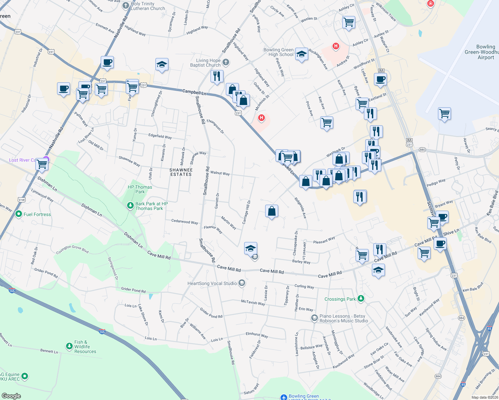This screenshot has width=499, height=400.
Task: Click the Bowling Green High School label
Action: (279, 52)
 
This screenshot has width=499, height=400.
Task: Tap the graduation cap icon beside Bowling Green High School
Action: (301, 54)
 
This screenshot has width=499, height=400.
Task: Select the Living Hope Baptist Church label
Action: (205, 63)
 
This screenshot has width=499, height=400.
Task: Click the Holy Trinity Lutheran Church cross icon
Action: (126, 5)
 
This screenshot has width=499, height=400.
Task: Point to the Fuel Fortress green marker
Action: (19, 214)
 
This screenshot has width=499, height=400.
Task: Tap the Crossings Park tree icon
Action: (361, 299)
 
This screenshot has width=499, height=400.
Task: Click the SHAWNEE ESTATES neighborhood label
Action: (181, 172)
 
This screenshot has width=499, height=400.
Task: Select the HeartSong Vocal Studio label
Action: (212, 283)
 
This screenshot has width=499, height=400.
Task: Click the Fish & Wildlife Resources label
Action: (85, 347)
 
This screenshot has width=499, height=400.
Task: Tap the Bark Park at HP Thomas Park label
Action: (151, 206)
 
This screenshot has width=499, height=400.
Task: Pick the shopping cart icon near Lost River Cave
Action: (42, 164)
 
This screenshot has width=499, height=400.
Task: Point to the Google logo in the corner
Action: (11, 396)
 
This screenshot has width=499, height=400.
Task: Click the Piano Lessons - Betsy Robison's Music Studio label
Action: (344, 318)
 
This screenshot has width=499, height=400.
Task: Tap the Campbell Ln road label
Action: (194, 92)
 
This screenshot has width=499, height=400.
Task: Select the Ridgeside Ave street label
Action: (300, 208)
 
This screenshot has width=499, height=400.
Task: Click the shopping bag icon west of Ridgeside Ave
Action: (272, 211)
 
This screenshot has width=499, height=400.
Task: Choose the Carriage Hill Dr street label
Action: (246, 212)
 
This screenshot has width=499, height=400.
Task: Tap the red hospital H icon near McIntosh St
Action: (262, 117)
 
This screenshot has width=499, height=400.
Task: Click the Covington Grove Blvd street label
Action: (72, 249)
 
